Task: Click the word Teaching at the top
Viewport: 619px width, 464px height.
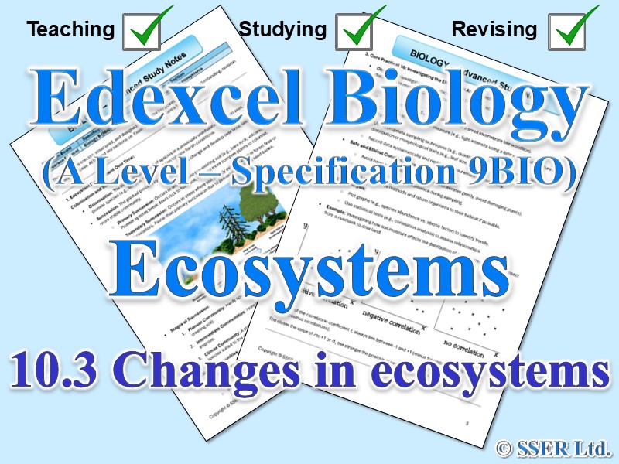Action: click(70, 30)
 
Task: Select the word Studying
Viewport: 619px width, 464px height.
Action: click(282, 30)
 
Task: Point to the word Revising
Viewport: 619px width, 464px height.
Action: click(494, 30)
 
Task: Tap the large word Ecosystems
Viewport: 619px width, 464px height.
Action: click(309, 267)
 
